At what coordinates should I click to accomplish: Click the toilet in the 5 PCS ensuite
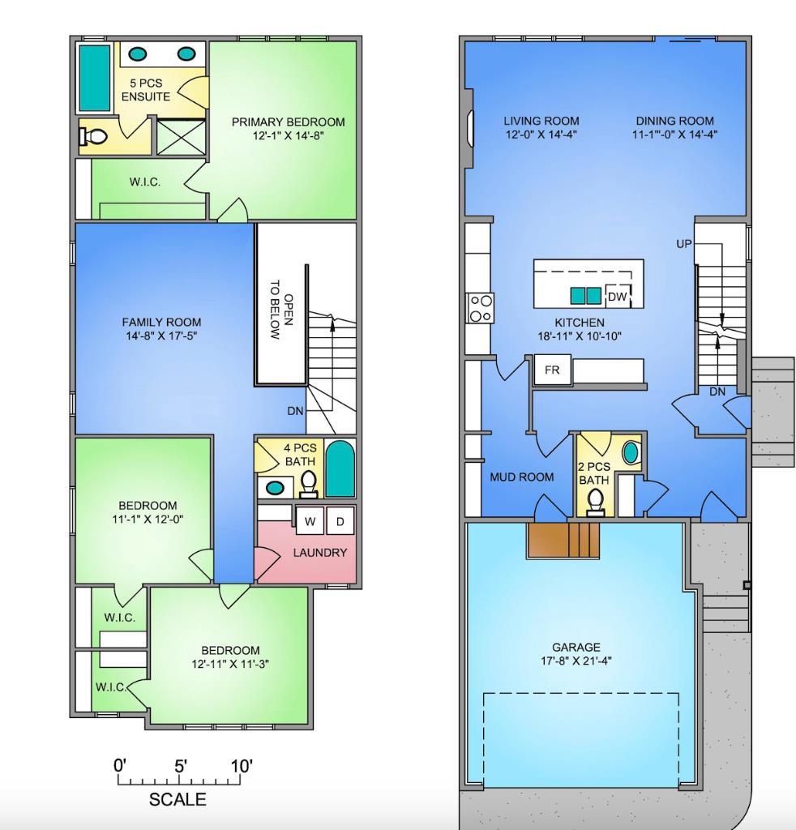click(x=95, y=137)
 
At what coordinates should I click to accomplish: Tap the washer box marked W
click(x=310, y=522)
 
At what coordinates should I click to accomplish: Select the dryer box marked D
click(x=340, y=522)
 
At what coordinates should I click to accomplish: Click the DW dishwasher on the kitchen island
click(x=618, y=297)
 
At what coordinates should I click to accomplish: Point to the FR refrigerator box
click(x=552, y=370)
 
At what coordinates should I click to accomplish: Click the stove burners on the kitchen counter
click(x=480, y=307)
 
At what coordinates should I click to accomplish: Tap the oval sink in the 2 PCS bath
click(x=631, y=452)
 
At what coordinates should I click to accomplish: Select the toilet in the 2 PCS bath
click(x=597, y=502)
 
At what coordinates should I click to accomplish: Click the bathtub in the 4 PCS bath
click(x=340, y=468)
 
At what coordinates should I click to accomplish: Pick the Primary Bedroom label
click(x=288, y=122)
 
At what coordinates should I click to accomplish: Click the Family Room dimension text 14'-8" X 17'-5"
click(x=161, y=336)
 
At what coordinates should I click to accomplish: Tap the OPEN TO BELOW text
click(x=281, y=310)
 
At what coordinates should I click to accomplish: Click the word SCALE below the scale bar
click(x=178, y=800)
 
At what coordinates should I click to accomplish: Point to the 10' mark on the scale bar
click(x=241, y=766)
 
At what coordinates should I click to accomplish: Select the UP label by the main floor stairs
click(x=684, y=244)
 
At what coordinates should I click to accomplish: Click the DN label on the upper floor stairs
click(x=295, y=411)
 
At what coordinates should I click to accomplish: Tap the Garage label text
click(x=576, y=647)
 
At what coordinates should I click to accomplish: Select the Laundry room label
click(x=320, y=553)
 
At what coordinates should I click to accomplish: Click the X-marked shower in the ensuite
click(x=181, y=136)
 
